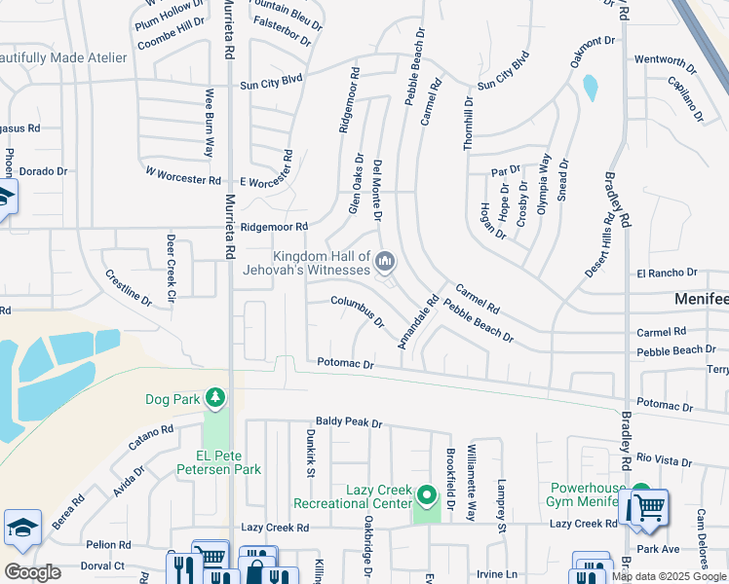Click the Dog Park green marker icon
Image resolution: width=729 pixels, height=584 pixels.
click(214, 397)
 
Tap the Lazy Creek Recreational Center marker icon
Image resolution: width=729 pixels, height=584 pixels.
click(426, 497)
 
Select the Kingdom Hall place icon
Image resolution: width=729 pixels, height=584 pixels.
click(386, 261)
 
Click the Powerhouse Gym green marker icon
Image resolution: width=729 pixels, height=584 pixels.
click(640, 493)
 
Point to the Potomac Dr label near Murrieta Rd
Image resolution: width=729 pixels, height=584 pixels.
click(345, 363)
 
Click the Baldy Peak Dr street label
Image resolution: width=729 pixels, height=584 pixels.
click(349, 423)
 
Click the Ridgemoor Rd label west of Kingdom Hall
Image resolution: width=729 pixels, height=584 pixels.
click(274, 227)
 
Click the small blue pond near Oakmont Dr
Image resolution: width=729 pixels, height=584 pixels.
click(590, 88)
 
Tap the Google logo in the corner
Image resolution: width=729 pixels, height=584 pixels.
click(32, 571)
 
